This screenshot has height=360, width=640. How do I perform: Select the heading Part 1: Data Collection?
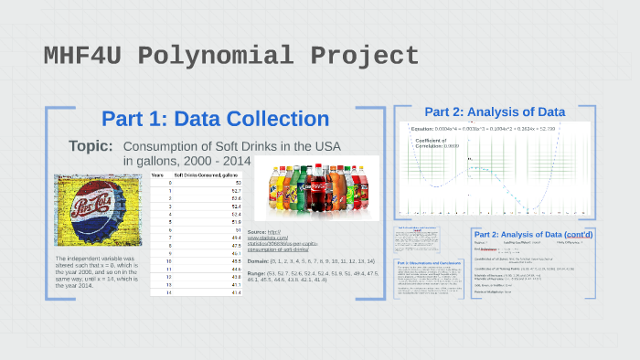pyautogui.click(x=215, y=119)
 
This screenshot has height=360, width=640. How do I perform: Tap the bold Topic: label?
pyautogui.click(x=91, y=146)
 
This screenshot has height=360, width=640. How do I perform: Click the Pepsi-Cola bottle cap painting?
pyautogui.click(x=96, y=212)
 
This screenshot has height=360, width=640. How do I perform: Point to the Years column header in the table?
pyautogui.click(x=157, y=174)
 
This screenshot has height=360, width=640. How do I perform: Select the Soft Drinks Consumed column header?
pyautogui.click(x=206, y=174)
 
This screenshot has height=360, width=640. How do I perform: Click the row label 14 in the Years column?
pyautogui.click(x=157, y=292)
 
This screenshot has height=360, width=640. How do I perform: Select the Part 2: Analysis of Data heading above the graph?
pyautogui.click(x=494, y=112)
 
